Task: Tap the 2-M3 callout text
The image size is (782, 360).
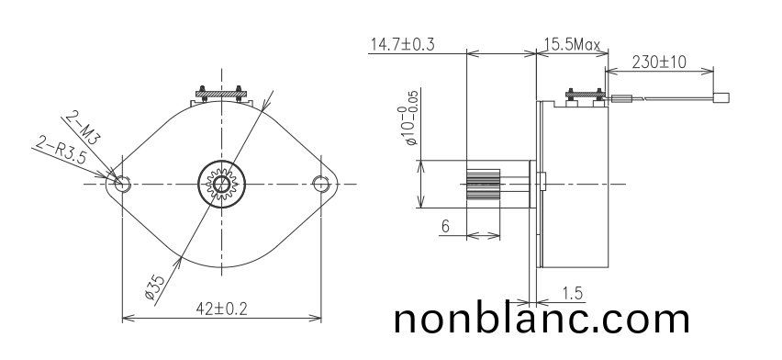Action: (82, 126)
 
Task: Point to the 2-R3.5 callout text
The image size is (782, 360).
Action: (61, 150)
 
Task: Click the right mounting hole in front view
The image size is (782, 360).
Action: (320, 182)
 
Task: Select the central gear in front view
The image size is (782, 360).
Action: (221, 182)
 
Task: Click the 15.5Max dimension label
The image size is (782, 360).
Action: (571, 44)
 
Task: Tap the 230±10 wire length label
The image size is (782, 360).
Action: (658, 62)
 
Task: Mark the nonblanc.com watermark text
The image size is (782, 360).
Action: (542, 319)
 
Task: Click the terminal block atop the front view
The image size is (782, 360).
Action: (220, 94)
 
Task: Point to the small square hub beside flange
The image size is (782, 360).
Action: (542, 183)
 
